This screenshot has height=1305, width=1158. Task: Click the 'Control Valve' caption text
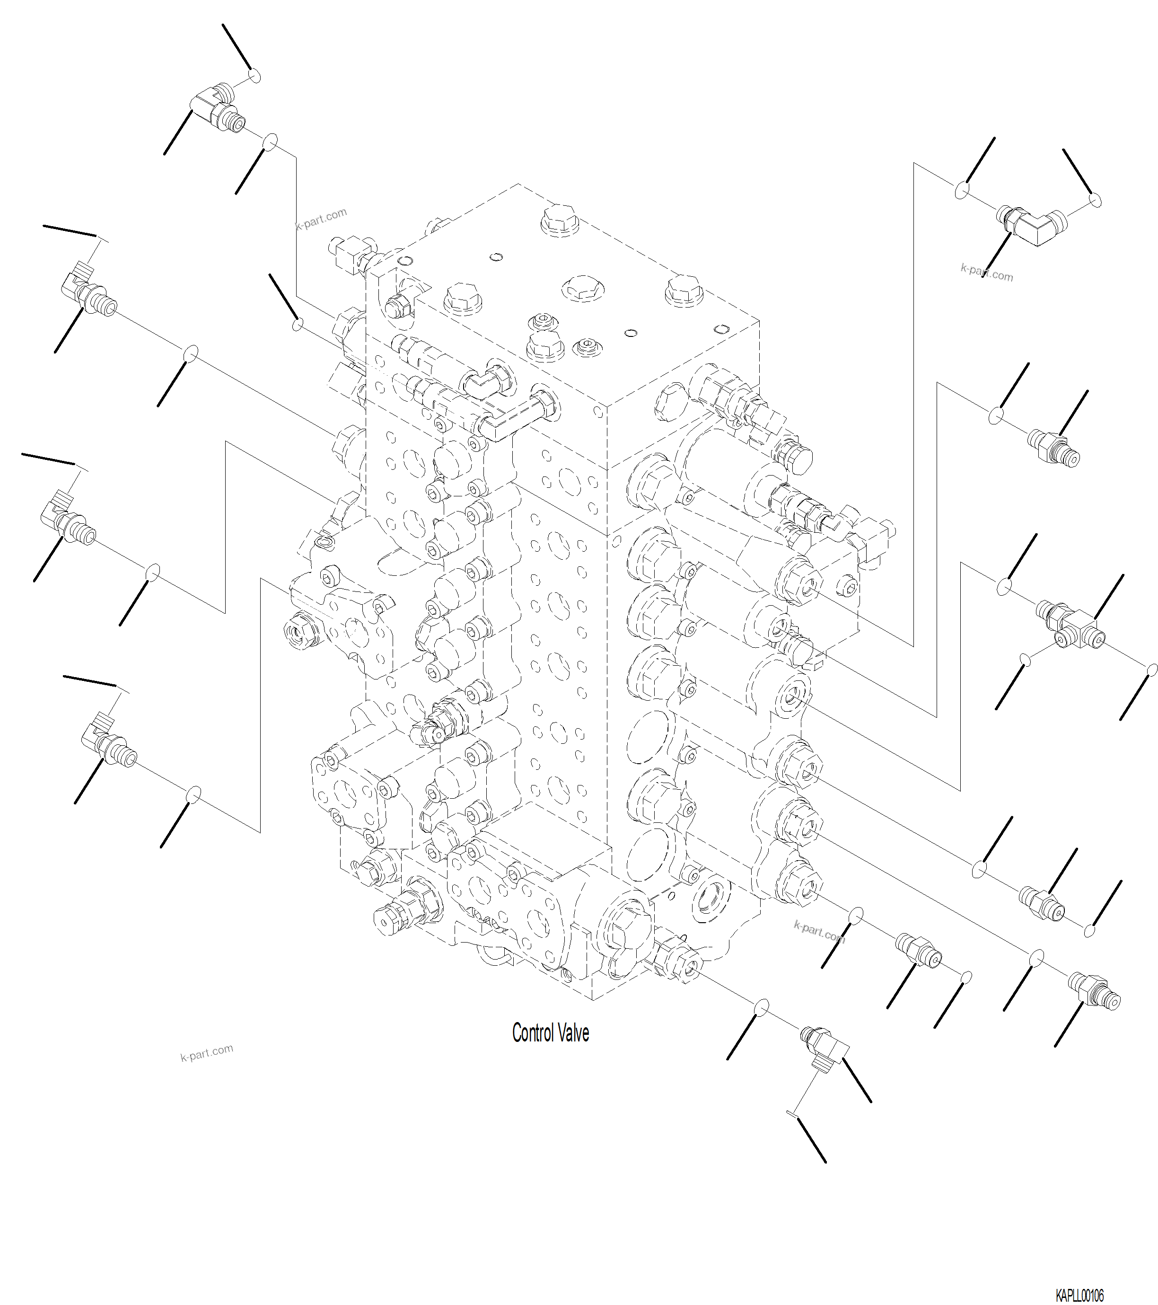point(550,1033)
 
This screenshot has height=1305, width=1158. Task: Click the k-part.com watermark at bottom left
point(206,1052)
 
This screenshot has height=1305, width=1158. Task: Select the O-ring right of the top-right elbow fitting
point(1096,201)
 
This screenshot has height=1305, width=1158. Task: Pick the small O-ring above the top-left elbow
point(254,76)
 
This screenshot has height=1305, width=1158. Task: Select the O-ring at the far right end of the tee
point(1152,670)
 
